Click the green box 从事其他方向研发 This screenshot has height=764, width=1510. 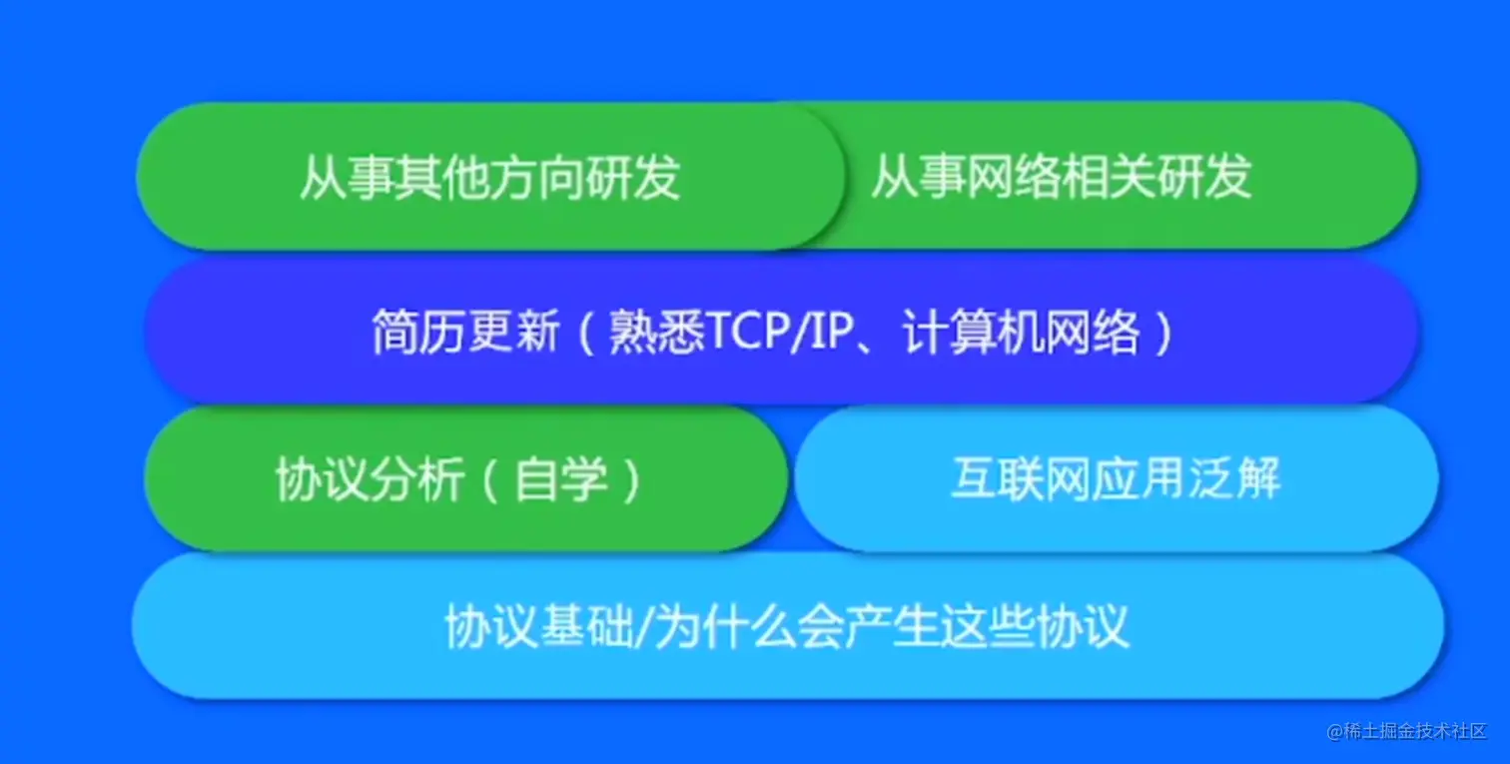[489, 177]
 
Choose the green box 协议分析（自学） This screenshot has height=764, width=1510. [459, 479]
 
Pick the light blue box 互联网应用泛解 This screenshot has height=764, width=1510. [1116, 479]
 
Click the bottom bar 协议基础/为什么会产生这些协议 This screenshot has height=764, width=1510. [787, 627]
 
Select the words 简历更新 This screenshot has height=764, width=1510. [465, 334]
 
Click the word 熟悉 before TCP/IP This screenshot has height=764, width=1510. [655, 334]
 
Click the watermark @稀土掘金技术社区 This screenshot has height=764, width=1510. [1407, 731]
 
